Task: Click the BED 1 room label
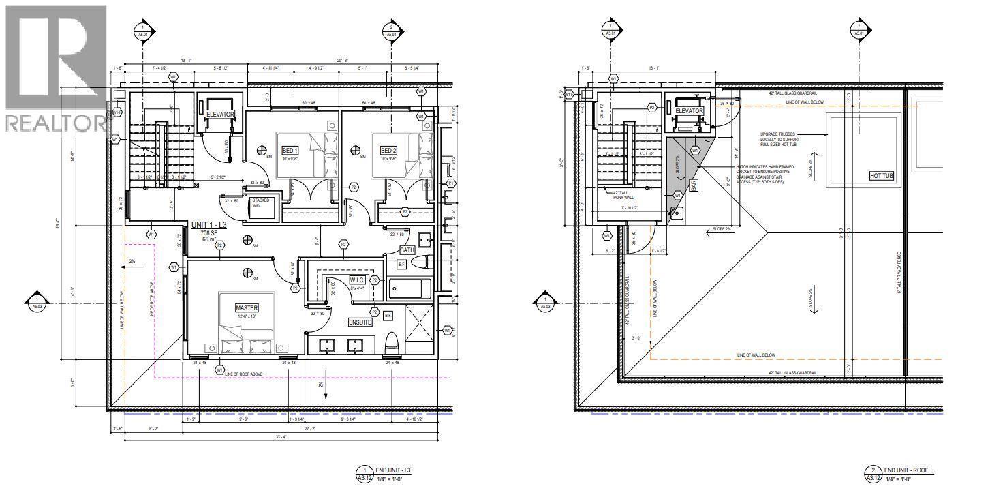pyautogui.click(x=289, y=151)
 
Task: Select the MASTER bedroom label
pyautogui.click(x=247, y=308)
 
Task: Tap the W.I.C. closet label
pyautogui.click(x=358, y=280)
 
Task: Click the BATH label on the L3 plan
pyautogui.click(x=407, y=250)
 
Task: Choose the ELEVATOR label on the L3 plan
pyautogui.click(x=220, y=115)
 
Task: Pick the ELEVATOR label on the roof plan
pyautogui.click(x=689, y=111)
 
